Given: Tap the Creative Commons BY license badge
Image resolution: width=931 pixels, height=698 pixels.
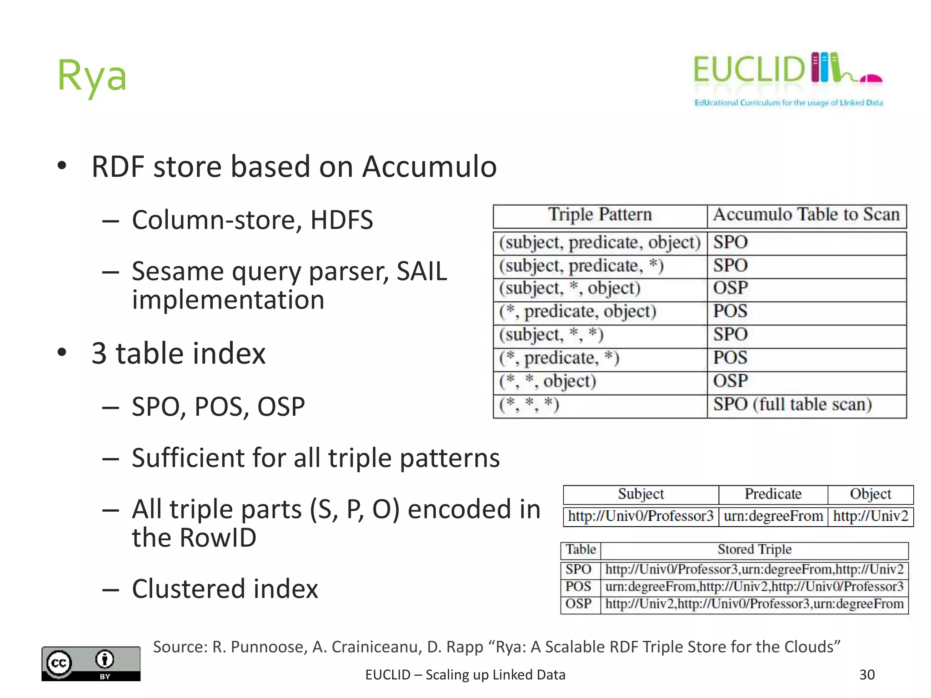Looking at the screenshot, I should (x=91, y=663).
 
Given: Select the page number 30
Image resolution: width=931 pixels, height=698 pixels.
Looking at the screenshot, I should (x=867, y=674).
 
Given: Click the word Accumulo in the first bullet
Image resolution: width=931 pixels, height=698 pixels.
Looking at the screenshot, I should (x=429, y=167).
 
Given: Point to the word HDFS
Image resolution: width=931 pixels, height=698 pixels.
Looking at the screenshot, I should (x=341, y=220).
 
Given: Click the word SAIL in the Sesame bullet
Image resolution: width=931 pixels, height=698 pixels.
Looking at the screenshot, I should (x=421, y=272).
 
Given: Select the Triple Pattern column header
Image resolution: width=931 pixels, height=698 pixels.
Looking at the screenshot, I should (x=600, y=215).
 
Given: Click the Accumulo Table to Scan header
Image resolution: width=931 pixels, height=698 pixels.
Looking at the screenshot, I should (x=806, y=215).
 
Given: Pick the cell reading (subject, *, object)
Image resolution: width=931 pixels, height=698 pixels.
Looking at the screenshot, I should (x=570, y=289).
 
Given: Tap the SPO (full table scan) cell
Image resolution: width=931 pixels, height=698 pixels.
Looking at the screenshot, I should (x=792, y=404).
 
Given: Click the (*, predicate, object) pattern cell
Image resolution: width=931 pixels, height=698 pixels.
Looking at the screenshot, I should (x=577, y=312).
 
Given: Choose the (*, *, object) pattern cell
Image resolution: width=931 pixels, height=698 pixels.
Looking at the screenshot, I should (x=547, y=381).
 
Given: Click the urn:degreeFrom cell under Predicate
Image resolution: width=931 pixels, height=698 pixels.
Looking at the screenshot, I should (x=773, y=516).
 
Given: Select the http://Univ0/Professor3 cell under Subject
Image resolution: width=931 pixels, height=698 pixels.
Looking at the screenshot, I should (x=641, y=516).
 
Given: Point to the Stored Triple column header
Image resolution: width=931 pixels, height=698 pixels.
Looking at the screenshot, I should (x=754, y=550).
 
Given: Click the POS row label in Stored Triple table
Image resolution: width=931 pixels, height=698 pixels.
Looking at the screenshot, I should (x=578, y=587).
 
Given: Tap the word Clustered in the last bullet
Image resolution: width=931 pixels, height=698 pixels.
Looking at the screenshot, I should (x=188, y=589).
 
